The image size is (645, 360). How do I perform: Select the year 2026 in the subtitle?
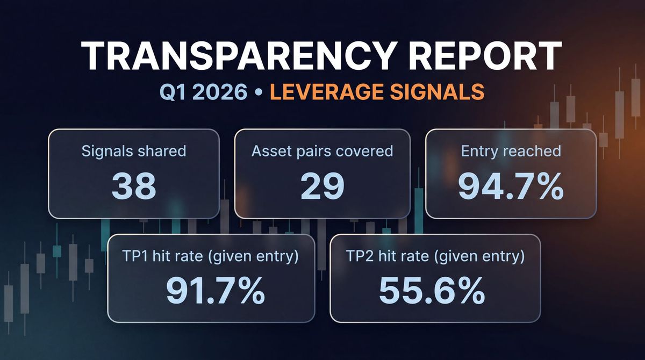pos(221,92)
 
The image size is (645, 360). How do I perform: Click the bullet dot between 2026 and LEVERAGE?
pos(259,92)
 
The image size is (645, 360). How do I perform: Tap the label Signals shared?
pos(134,150)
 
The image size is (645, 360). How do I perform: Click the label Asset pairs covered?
pos(322,150)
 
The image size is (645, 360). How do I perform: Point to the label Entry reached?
pos(511,150)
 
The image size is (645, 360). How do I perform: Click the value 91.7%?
pos(214,290)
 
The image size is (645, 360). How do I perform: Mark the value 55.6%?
pos(432,290)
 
